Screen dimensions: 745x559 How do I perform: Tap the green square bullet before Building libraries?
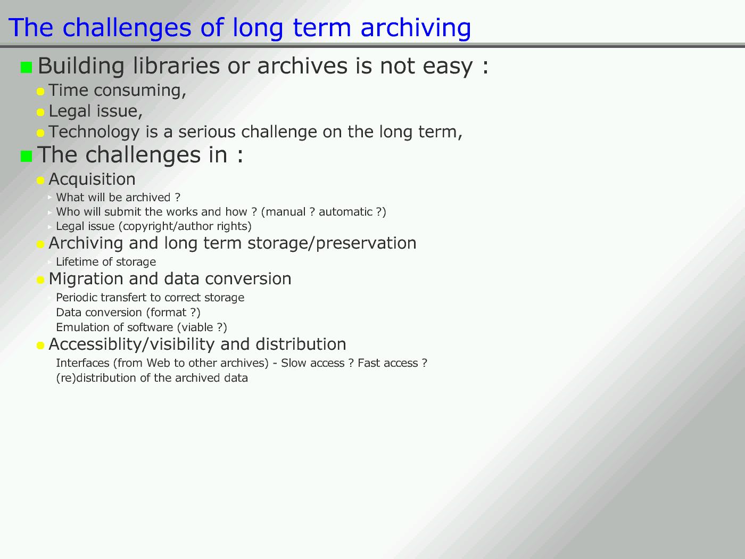(x=26, y=67)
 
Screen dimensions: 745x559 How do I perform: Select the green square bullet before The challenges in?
(x=26, y=156)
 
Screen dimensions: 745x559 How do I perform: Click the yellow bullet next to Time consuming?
(x=40, y=92)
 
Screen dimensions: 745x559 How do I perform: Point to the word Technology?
(x=94, y=132)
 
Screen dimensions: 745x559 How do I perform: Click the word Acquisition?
(x=92, y=179)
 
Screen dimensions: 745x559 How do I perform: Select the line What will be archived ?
(x=118, y=197)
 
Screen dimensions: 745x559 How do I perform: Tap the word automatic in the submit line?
(x=345, y=212)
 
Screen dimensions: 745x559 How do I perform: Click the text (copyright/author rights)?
(x=185, y=226)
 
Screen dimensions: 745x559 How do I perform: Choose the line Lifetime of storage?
(x=106, y=262)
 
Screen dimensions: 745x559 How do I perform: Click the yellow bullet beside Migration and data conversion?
(x=40, y=280)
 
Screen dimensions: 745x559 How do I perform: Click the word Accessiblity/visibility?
(x=131, y=344)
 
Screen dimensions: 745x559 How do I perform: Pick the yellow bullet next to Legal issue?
(x=40, y=112)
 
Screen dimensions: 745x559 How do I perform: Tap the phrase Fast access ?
(x=392, y=363)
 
